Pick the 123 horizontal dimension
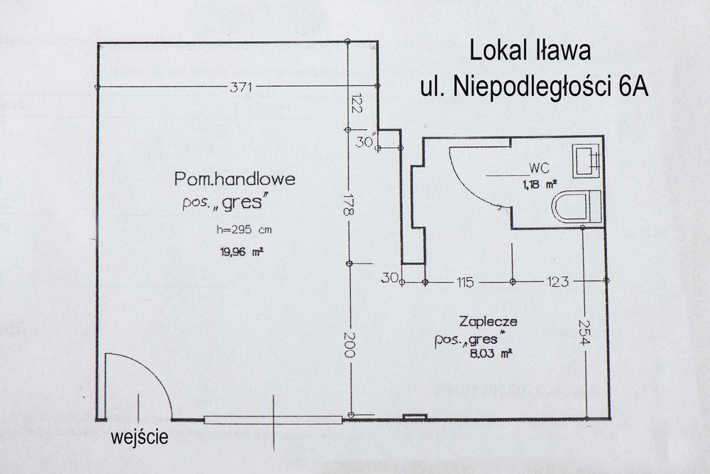click(x=557, y=282)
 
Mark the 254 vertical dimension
click(x=584, y=333)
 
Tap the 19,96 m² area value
click(x=236, y=250)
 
